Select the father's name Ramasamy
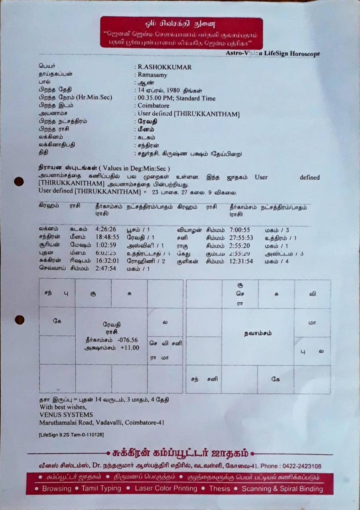click(152, 75)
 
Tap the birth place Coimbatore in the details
click(153, 106)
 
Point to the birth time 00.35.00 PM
click(153, 98)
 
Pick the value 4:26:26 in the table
click(106, 229)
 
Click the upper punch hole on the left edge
click(19, 181)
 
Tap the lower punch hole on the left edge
click(19, 320)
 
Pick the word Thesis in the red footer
click(220, 488)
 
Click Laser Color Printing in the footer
click(166, 488)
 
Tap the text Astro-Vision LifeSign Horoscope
click(273, 53)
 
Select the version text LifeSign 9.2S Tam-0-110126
click(71, 435)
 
